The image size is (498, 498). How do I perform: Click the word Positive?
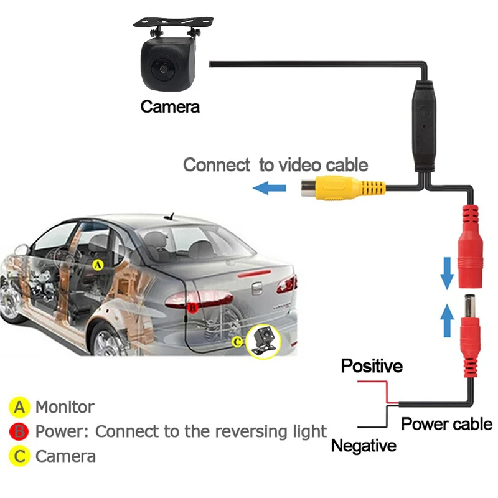(372, 366)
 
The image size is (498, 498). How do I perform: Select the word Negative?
(364, 446)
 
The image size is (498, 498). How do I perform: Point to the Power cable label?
(446, 424)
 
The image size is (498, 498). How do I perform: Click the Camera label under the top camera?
(170, 106)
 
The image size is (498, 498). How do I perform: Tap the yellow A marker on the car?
(97, 265)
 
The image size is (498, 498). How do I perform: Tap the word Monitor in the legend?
(65, 408)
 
